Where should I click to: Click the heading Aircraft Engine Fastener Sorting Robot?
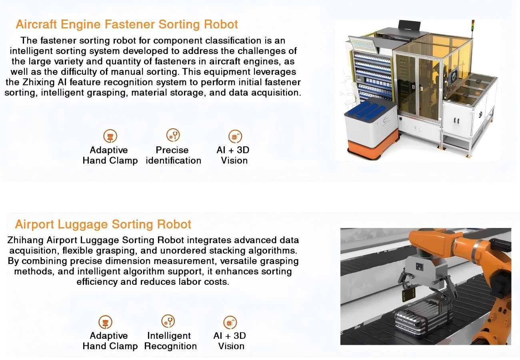point(127,24)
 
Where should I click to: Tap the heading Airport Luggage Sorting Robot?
point(103,224)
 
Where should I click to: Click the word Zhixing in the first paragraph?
point(38,82)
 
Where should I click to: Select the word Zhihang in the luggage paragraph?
point(25,240)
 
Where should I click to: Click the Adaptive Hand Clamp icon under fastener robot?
point(110,136)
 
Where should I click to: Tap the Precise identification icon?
point(173,135)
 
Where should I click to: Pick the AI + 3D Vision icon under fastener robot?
point(235,136)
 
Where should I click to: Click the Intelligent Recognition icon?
point(168,321)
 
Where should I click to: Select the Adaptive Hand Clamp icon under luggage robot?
point(105,322)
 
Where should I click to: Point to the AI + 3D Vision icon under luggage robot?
point(230,322)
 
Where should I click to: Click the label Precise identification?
point(174,155)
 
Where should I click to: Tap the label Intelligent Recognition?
point(170,341)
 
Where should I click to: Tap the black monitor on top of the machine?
point(409,25)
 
